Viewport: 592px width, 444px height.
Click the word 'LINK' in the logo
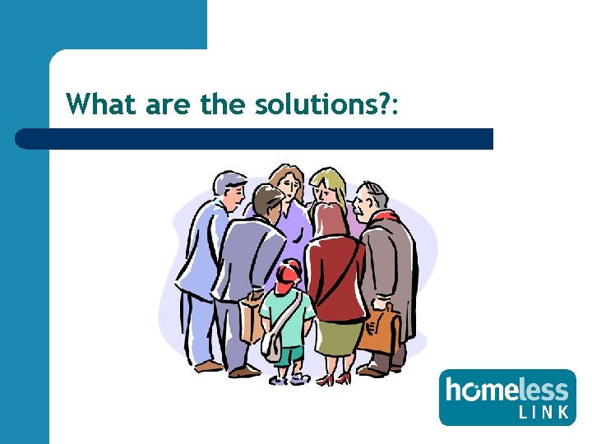544,412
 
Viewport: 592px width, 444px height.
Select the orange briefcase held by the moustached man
379,328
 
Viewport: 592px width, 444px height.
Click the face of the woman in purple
288,186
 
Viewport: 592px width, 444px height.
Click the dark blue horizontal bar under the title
255,138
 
